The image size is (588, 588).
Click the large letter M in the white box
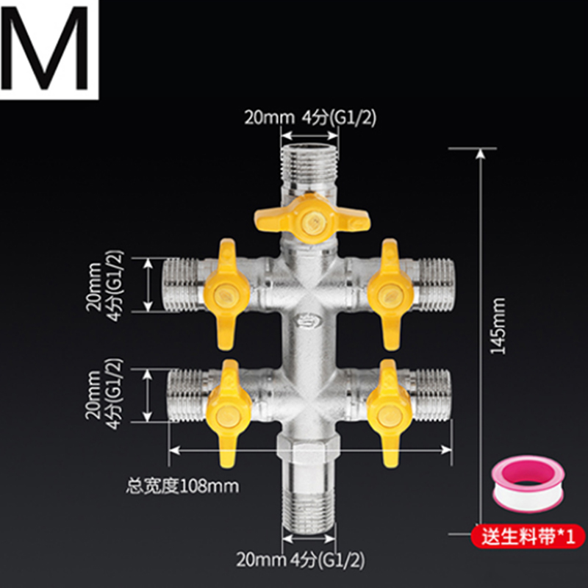(x=50, y=50)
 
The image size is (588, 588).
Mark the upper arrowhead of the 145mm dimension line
(x=481, y=154)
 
